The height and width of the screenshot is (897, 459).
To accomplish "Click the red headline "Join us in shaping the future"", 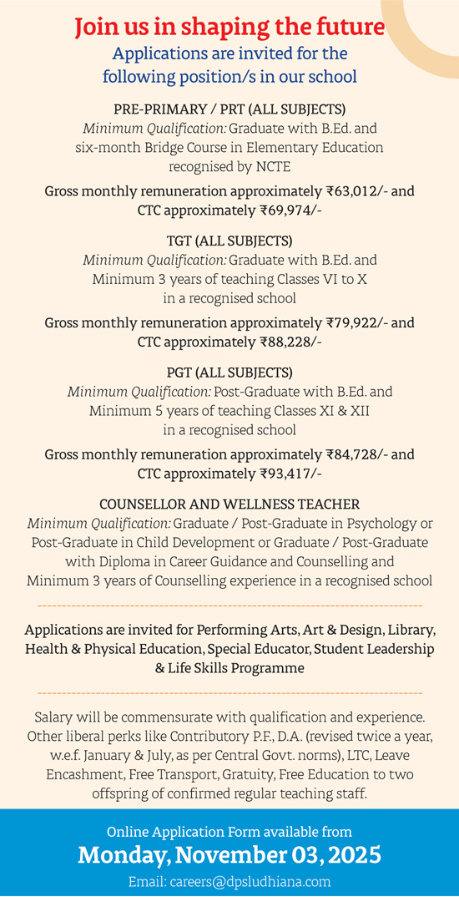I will click(229, 28).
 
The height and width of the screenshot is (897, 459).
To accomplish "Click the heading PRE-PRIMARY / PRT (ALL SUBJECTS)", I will click(229, 109).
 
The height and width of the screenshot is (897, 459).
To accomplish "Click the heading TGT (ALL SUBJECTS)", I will click(229, 241).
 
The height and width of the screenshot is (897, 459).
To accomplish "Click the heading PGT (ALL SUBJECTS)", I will click(229, 372).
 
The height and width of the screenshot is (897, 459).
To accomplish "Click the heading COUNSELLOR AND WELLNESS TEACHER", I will click(229, 504).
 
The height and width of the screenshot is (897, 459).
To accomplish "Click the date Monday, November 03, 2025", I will click(229, 855).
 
